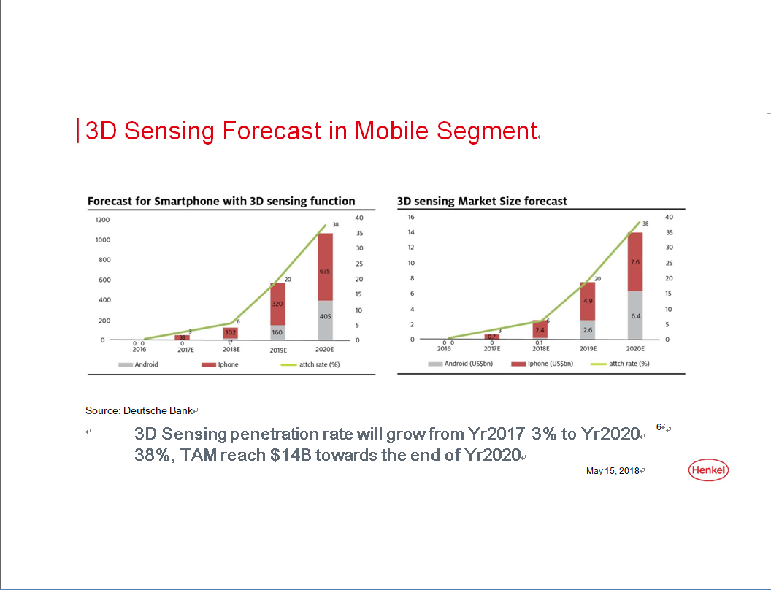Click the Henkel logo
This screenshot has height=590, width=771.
pos(708,470)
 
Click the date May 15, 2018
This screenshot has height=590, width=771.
pos(613,471)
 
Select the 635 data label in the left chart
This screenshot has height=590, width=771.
pos(324,271)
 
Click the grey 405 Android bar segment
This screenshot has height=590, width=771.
pos(325,320)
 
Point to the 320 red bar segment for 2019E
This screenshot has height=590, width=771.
pos(277,304)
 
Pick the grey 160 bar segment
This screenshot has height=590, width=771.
pos(277,332)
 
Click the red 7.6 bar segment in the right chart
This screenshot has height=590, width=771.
pos(634,261)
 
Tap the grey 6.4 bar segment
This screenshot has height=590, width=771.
pos(634,315)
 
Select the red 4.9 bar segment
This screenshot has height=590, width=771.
pos(588,301)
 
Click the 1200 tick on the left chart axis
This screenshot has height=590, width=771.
pos(103,220)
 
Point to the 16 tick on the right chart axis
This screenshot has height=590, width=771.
pos(411,217)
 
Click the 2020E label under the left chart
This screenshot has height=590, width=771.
pos(324,349)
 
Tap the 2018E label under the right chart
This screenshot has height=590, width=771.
pos(541,348)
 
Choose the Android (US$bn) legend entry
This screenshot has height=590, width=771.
pos(460,364)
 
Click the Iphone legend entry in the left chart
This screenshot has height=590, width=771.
pos(220,364)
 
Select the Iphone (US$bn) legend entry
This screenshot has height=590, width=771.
pos(542,364)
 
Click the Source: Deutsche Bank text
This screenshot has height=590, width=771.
pos(139,410)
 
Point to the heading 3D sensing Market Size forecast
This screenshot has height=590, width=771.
pos(482,201)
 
